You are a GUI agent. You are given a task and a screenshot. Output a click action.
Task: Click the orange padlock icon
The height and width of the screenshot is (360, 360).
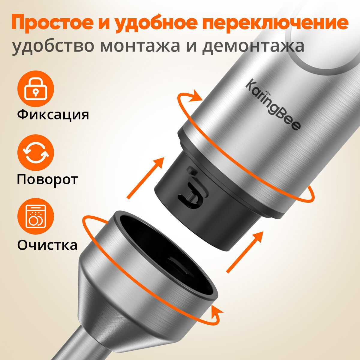(35, 89)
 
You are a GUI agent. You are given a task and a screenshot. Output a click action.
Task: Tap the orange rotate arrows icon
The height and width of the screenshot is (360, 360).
(35, 153)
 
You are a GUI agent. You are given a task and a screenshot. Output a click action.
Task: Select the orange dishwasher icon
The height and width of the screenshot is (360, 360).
(35, 217)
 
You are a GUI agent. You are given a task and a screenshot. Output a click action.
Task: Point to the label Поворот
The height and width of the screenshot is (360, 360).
(47, 180)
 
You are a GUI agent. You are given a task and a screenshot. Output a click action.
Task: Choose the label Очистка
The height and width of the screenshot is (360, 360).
(47, 244)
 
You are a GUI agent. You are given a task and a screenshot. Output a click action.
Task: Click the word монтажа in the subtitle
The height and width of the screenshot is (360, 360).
(140, 46)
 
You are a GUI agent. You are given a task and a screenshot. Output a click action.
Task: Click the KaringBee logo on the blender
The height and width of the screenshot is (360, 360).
(273, 105)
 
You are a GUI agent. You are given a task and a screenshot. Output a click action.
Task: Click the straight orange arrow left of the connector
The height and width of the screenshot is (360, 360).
(145, 178)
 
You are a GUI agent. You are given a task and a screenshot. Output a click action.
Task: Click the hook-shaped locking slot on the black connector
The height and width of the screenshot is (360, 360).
(191, 194)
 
